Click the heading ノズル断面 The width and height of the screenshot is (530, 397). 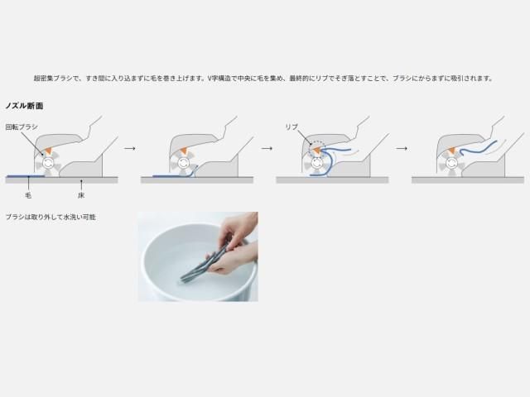(x=24, y=106)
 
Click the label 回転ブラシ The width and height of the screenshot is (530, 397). (x=22, y=127)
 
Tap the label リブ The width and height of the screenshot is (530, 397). (x=291, y=127)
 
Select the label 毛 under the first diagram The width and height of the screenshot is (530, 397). (x=28, y=195)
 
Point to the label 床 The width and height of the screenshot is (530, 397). (x=81, y=195)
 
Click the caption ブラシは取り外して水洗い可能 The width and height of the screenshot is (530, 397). (x=51, y=217)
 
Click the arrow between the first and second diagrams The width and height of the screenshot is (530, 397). (x=129, y=148)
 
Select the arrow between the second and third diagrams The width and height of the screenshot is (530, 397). (x=267, y=148)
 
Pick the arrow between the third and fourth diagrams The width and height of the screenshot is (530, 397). (x=401, y=148)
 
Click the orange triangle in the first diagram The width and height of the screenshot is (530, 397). (x=49, y=151)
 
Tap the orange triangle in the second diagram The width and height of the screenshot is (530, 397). (x=184, y=151)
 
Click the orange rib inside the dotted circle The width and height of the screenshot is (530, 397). (x=317, y=151)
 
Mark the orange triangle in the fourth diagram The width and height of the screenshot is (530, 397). (x=452, y=151)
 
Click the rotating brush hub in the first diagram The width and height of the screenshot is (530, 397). (x=48, y=163)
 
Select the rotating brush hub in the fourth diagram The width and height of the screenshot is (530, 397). (x=450, y=163)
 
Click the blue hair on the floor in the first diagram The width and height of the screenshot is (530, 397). (x=26, y=176)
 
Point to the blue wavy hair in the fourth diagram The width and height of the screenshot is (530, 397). (x=477, y=148)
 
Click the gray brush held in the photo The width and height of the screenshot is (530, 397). (x=206, y=261)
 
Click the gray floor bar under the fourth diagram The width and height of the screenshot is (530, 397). (x=468, y=180)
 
